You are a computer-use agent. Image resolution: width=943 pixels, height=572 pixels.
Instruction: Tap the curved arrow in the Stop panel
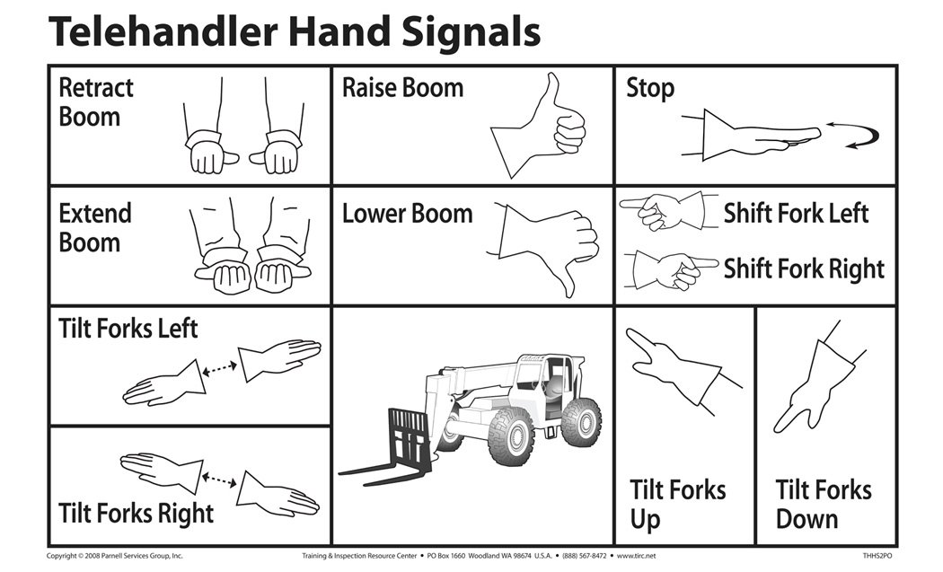pyautogui.click(x=853, y=135)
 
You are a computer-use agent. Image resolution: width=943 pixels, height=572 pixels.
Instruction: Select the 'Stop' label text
pyautogui.click(x=650, y=88)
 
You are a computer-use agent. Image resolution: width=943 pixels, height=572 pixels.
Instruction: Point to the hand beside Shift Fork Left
pyautogui.click(x=661, y=210)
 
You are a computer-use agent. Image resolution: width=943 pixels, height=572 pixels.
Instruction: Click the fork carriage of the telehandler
pyautogui.click(x=409, y=440)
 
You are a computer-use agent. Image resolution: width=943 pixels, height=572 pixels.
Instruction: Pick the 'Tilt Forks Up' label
pyautogui.click(x=677, y=505)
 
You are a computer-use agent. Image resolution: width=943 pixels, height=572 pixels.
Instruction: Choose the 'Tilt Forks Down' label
pyautogui.click(x=823, y=505)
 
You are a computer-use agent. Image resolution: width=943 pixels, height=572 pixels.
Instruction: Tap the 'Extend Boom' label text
pyautogui.click(x=95, y=228)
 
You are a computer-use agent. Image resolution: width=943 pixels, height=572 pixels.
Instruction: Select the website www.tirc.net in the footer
pyautogui.click(x=637, y=557)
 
